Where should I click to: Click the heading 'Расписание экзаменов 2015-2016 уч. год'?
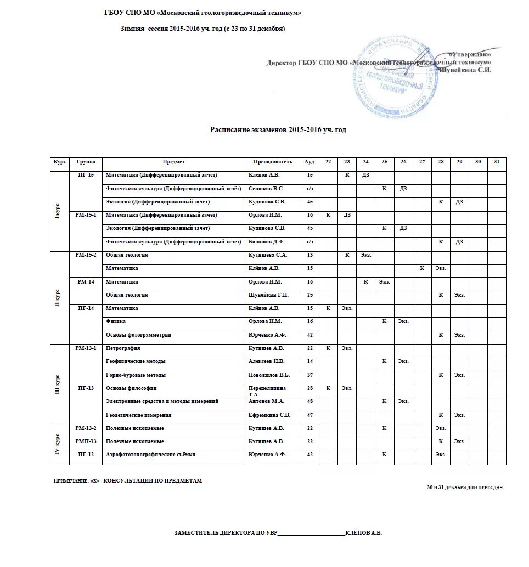point(278,129)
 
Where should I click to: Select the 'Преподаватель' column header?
point(273,162)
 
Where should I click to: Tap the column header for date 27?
point(421,162)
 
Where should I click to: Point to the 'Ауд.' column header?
point(309,162)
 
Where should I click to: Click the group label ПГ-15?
point(86,175)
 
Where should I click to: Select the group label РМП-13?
point(86,441)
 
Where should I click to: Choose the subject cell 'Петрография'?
point(123,348)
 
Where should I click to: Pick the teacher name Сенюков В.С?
point(266,189)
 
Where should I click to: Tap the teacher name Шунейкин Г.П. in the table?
point(269,295)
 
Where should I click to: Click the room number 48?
point(309,401)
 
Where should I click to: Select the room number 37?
point(309,375)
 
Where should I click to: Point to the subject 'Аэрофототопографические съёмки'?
point(151,455)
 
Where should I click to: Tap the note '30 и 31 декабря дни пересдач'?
point(464,487)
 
